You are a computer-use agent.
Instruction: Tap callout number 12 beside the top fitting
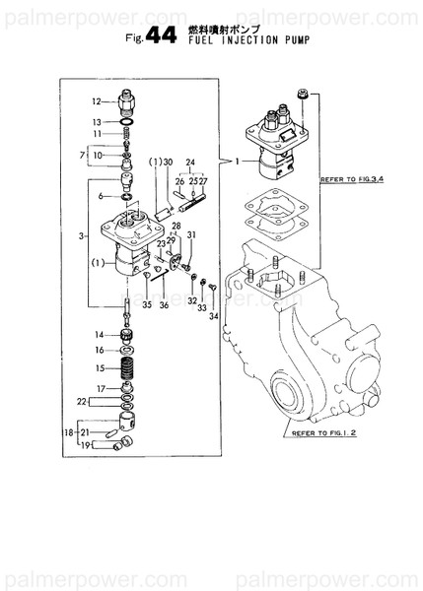98,101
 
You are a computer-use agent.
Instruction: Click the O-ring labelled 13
128,122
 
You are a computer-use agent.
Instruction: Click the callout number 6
100,197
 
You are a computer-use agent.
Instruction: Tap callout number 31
192,234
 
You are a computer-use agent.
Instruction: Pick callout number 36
164,305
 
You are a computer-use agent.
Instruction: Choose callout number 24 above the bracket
190,162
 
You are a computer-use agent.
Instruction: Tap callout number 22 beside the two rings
85,401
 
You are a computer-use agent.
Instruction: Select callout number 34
213,316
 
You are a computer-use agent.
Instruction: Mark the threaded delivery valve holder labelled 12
128,100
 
